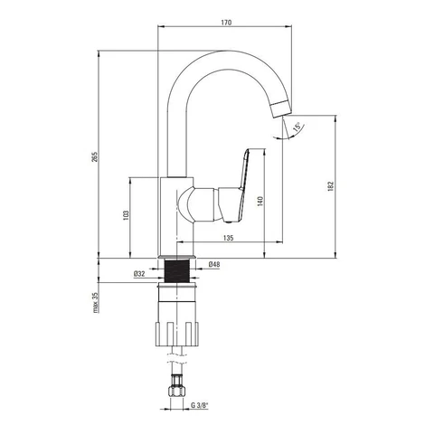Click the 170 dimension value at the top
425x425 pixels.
pyautogui.click(x=226, y=23)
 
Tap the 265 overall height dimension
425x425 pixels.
pyautogui.click(x=95, y=156)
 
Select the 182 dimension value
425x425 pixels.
pyautogui.click(x=331, y=186)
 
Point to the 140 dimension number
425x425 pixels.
pyautogui.click(x=260, y=201)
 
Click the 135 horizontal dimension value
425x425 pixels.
pyautogui.click(x=228, y=238)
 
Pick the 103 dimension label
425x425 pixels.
pyautogui.click(x=126, y=215)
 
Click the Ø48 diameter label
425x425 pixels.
pyautogui.click(x=214, y=264)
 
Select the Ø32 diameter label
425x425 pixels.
pyautogui.click(x=139, y=274)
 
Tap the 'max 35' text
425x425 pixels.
pyautogui.click(x=96, y=303)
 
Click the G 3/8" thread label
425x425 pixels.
pyautogui.click(x=200, y=405)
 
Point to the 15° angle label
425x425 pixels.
pyautogui.click(x=297, y=127)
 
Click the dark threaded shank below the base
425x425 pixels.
pyautogui.click(x=177, y=271)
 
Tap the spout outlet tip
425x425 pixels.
pyautogui.click(x=280, y=109)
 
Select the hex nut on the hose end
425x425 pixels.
pyautogui.click(x=177, y=392)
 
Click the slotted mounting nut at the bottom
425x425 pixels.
pyautogui.click(x=177, y=334)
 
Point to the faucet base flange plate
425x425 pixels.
pyautogui.click(x=177, y=257)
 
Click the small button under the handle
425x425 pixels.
pyautogui.click(x=229, y=222)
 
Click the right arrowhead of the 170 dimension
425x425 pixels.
pyautogui.click(x=288, y=26)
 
